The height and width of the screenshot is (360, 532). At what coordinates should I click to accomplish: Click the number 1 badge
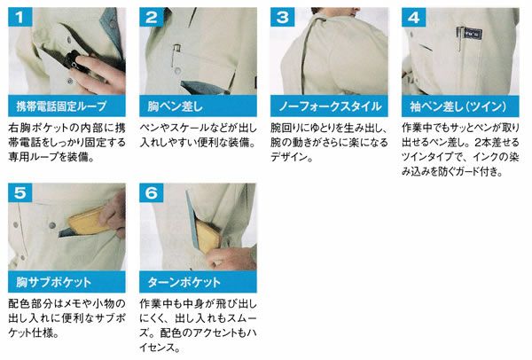pyautogui.click(x=20, y=17)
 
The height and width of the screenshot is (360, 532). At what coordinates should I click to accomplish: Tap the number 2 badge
pyautogui.click(x=152, y=17)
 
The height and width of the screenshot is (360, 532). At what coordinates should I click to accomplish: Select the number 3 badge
pyautogui.click(x=282, y=17)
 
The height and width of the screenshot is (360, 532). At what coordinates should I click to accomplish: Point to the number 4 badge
pyautogui.click(x=413, y=17)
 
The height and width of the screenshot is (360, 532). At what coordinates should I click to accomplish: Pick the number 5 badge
pyautogui.click(x=20, y=192)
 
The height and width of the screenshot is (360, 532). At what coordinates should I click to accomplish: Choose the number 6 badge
pyautogui.click(x=152, y=192)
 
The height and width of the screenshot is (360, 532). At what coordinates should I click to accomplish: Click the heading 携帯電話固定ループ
pyautogui.click(x=61, y=106)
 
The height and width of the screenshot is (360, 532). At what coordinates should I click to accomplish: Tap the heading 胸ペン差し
pyautogui.click(x=175, y=106)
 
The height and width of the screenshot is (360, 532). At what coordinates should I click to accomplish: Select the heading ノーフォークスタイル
pyautogui.click(x=330, y=106)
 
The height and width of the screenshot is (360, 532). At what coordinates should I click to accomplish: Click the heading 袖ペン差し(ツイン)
pyautogui.click(x=458, y=106)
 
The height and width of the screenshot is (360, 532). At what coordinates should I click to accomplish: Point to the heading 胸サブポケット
pyautogui.click(x=54, y=282)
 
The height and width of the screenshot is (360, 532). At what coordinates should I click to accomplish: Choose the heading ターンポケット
pyautogui.click(x=184, y=282)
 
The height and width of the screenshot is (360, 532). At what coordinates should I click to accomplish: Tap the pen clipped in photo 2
pyautogui.click(x=176, y=54)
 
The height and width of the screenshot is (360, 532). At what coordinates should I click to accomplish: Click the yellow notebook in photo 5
pyautogui.click(x=88, y=221)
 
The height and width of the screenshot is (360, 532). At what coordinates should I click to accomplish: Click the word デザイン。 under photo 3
pyautogui.click(x=292, y=157)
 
